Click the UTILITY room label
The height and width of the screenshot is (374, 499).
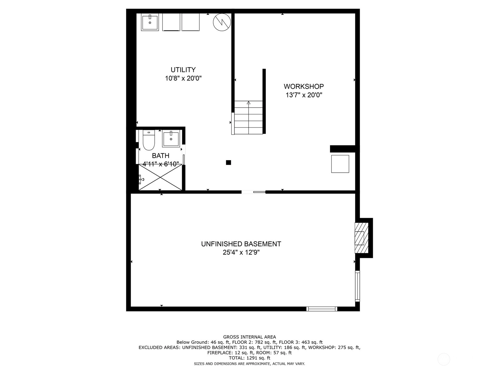(183, 70)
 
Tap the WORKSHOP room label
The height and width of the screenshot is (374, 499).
(304, 87)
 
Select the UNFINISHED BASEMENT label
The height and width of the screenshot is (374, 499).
(241, 244)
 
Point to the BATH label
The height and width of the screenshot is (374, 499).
(161, 156)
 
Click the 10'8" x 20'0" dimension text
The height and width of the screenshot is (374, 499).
(183, 78)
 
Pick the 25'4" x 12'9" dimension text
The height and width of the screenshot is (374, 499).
(241, 252)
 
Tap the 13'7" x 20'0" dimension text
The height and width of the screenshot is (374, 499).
(304, 95)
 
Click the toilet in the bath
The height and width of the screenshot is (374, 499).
(149, 140)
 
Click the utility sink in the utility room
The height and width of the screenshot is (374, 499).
(150, 22)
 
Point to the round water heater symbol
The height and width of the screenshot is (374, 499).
(222, 22)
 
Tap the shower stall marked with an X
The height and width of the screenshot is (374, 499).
(160, 177)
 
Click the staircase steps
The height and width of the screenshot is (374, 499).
(249, 117)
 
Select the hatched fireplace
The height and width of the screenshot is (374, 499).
(361, 238)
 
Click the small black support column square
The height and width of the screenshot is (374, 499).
(229, 162)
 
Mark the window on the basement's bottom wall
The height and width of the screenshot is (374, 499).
(322, 309)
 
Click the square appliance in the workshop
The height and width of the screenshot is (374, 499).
(340, 164)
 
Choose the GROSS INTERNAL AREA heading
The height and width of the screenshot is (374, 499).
(249, 337)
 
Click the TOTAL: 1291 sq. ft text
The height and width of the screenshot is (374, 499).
(249, 358)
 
